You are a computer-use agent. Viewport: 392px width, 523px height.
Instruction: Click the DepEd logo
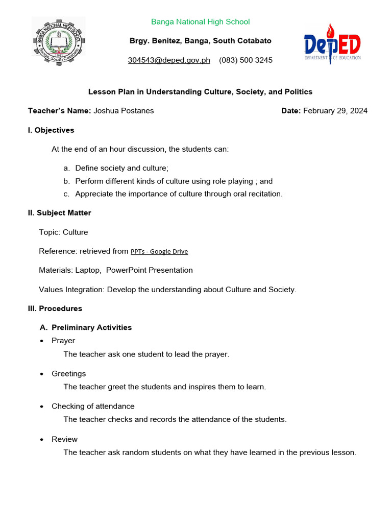pos(332,44)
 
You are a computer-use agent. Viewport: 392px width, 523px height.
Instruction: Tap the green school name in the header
pos(200,21)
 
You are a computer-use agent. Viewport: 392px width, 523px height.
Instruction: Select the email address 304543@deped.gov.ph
pos(169,60)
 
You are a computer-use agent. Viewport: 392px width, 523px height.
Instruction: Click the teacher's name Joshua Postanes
pos(124,110)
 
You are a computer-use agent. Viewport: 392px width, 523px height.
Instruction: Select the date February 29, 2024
pos(335,110)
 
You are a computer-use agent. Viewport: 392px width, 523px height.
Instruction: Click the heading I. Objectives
pos(51,130)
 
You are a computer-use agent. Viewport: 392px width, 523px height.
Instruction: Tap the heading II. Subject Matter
pos(59,212)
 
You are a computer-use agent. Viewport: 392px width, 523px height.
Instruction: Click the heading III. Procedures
pos(55,308)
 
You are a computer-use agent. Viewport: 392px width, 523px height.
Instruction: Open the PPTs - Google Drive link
pos(159,251)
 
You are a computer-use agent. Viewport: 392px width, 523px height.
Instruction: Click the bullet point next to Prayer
pos(42,341)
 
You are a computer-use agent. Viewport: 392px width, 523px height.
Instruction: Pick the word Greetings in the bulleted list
pos(68,374)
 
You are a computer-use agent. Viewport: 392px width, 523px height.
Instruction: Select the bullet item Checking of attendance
pos(93,407)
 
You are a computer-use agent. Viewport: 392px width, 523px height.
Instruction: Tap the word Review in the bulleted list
pos(64,439)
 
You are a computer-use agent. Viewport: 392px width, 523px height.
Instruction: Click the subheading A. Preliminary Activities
pos(86,327)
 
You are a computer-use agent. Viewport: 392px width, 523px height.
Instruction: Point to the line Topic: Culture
pos(63,232)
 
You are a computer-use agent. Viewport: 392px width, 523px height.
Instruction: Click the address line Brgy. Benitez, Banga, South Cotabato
pos(200,41)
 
